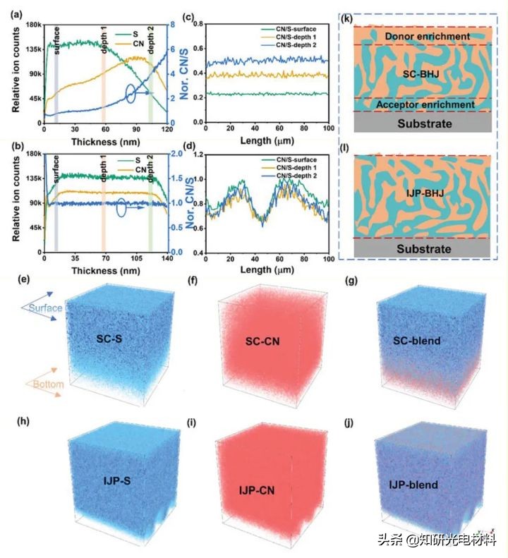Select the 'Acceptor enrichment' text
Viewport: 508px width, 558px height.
(x=416, y=105)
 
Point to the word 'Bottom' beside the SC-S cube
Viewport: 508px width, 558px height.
(x=44, y=384)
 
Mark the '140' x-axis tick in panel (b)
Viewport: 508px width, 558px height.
(x=168, y=257)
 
